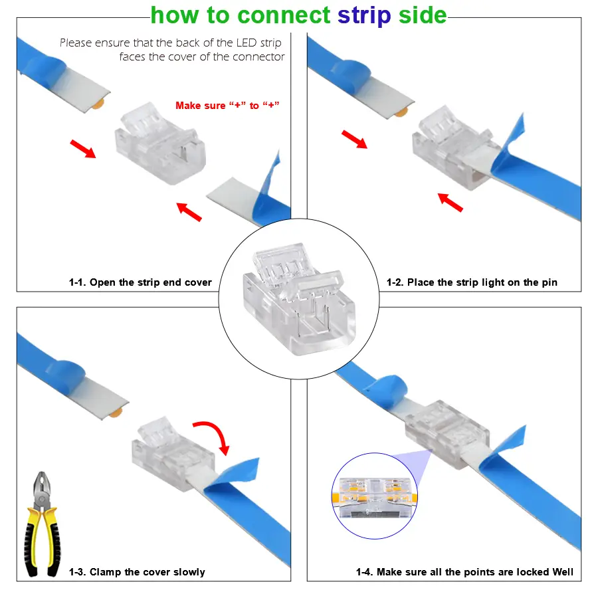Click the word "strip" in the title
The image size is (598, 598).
[364, 16]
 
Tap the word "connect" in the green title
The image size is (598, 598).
[284, 15]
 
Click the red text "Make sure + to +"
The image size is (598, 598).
[227, 105]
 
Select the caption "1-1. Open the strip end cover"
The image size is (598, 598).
[140, 282]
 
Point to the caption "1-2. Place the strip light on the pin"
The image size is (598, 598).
[472, 282]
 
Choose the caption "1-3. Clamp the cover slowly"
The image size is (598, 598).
[137, 572]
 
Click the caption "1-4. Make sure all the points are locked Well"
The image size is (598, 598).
[464, 572]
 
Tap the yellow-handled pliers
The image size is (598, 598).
[42, 524]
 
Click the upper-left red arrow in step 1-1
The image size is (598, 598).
[83, 148]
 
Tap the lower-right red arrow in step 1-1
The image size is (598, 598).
[189, 212]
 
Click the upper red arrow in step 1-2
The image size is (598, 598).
[354, 140]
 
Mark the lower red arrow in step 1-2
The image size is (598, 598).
[450, 203]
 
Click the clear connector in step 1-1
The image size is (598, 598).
[160, 144]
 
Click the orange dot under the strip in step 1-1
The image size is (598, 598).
[98, 104]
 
